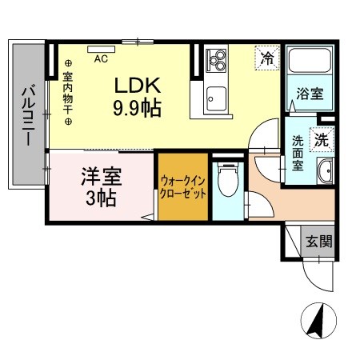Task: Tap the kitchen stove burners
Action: click(x=217, y=61)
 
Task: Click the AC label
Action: click(x=102, y=58)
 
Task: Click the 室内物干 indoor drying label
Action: click(x=68, y=92)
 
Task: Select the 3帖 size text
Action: click(x=101, y=196)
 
